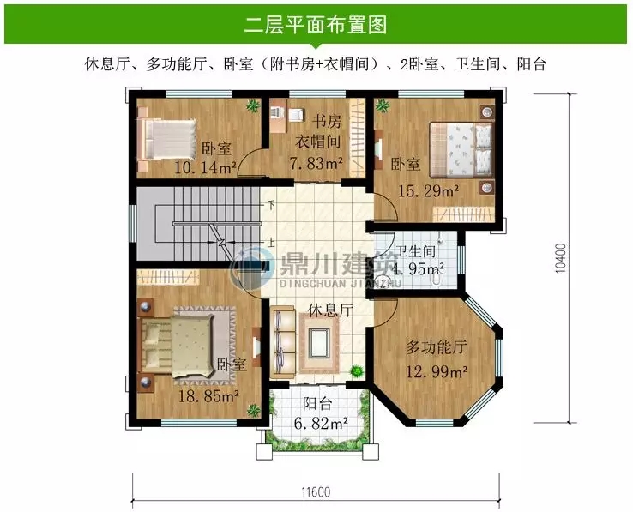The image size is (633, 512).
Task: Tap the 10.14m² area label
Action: [205, 166]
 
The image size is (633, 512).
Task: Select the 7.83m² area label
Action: [316, 162]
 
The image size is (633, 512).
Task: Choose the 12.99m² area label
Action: [437, 372]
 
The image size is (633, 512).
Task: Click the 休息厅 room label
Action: [330, 311]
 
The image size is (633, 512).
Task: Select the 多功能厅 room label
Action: [435, 347]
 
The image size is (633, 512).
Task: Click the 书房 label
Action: [325, 121]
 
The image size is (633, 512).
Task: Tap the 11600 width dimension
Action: [316, 491]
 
